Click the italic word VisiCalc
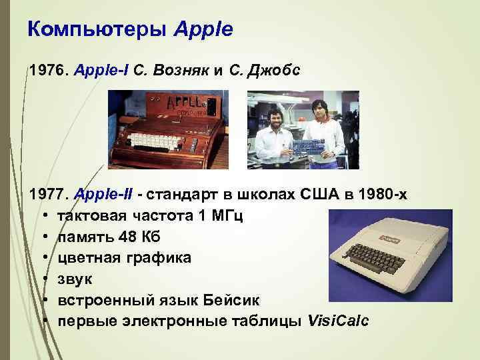(338, 322)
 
